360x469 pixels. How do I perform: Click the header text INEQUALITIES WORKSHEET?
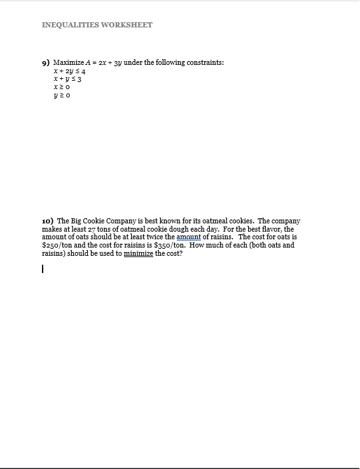coord(97,25)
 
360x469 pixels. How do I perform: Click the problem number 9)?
coord(46,62)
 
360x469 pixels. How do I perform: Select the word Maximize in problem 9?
coord(69,62)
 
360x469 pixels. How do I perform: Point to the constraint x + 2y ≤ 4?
coord(69,71)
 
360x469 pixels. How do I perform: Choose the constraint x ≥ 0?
coord(62,88)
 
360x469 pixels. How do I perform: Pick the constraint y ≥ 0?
coord(62,96)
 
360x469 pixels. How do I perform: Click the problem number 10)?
coord(48,221)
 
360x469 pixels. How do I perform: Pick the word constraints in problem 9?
coord(205,62)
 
